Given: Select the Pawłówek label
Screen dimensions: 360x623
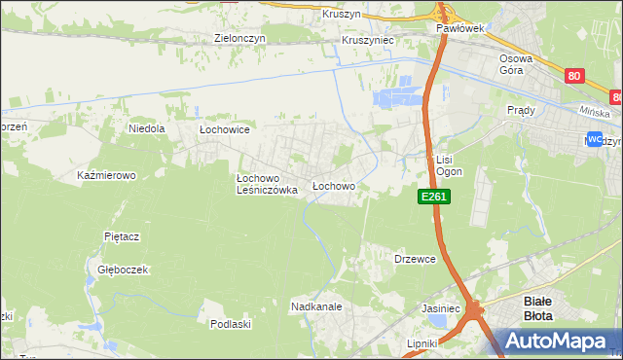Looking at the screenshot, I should tap(459, 29).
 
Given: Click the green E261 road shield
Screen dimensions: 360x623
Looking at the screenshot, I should tap(434, 197).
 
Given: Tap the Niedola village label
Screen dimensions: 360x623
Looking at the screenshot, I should tap(147, 127).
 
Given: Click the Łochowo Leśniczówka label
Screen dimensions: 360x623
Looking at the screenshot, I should tap(266, 184).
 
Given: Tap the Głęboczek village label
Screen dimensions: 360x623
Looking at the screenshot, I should tap(122, 270).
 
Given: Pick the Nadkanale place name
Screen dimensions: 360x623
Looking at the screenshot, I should tap(315, 306).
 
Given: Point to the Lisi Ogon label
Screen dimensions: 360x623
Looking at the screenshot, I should tap(448, 164).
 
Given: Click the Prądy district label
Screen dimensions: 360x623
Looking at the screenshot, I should tap(522, 110).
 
